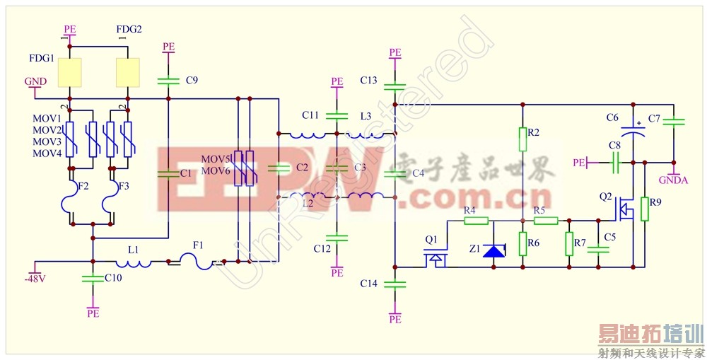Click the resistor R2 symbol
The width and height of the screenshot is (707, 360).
pyautogui.click(x=522, y=139)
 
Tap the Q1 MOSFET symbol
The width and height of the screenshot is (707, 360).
pyautogui.click(x=436, y=259)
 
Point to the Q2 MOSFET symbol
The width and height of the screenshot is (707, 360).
pyautogui.click(x=624, y=209)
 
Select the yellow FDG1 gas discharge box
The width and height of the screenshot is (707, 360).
pyautogui.click(x=69, y=71)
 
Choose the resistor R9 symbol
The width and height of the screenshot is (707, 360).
pyautogui.click(x=645, y=209)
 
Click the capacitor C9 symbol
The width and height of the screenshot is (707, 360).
pyautogui.click(x=168, y=80)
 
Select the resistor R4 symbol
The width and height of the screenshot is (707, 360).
pyautogui.click(x=476, y=220)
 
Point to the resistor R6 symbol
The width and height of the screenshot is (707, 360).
pyautogui.click(x=522, y=245)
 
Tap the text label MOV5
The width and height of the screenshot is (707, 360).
pyautogui.click(x=215, y=158)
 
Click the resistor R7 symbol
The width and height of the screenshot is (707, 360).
pyautogui.click(x=569, y=245)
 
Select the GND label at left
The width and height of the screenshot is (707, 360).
pyautogui.click(x=35, y=81)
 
